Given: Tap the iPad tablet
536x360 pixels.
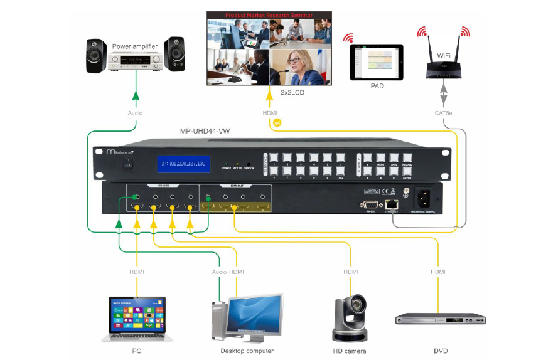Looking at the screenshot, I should pyautogui.click(x=376, y=61).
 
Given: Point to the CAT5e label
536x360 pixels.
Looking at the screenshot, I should pyautogui.click(x=444, y=114).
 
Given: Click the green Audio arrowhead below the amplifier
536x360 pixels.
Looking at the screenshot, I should pyautogui.click(x=135, y=97).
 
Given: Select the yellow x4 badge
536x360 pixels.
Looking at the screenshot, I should pyautogui.click(x=278, y=123).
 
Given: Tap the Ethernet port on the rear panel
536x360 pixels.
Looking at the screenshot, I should pyautogui.click(x=392, y=204).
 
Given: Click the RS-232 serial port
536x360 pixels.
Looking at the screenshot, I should pyautogui.click(x=368, y=204).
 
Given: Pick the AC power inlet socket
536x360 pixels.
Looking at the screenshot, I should pyautogui.click(x=424, y=199).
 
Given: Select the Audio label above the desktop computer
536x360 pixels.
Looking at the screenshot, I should pyautogui.click(x=218, y=272).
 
